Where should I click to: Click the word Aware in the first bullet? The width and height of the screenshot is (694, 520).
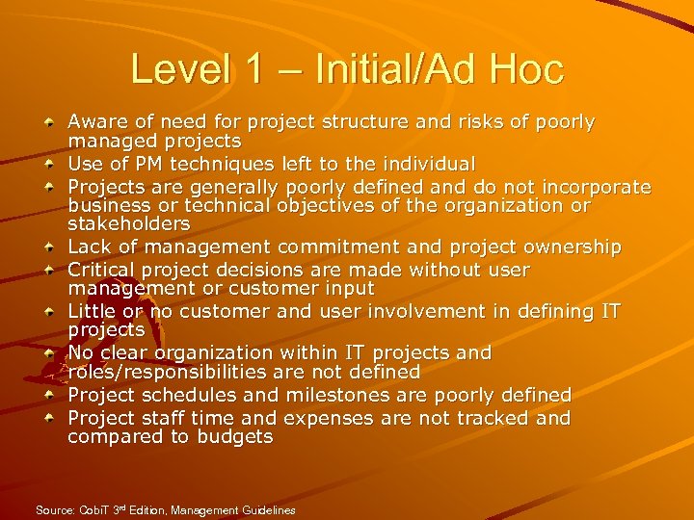(x=94, y=122)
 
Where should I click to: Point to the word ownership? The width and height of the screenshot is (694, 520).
(x=572, y=247)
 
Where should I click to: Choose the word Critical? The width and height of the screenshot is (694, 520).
(x=102, y=271)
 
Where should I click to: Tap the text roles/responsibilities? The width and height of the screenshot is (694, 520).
(x=177, y=372)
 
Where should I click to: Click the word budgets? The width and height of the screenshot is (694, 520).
(x=234, y=437)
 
